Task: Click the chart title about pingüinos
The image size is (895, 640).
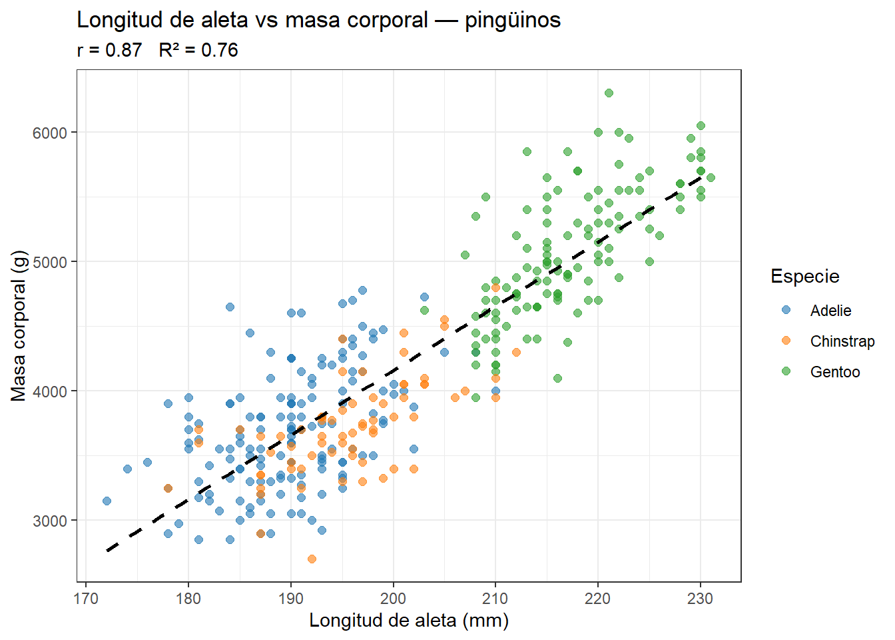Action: coord(318,20)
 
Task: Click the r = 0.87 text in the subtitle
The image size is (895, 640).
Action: coord(109,50)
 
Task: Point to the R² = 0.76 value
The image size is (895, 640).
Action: coord(198,50)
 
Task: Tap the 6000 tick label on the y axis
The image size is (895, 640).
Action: coord(50,133)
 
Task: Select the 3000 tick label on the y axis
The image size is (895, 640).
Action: coord(50,521)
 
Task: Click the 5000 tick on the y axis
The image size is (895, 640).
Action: coord(50,262)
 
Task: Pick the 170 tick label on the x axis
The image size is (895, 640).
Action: coord(86,598)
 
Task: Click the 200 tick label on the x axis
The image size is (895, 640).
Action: coord(393,598)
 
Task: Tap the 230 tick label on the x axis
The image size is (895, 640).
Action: coord(700,598)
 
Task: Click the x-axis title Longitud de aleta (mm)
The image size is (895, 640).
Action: coord(409,621)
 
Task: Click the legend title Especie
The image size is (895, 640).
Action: coord(804,276)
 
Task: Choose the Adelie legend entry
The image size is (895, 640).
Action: coord(830,311)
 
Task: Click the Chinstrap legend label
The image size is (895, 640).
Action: coord(842,341)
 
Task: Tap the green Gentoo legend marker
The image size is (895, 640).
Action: coord(786,371)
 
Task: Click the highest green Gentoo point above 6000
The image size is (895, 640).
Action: coord(609,93)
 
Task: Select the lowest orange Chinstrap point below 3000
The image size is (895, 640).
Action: coord(312,559)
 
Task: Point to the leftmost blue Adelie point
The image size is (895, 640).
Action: coord(107,501)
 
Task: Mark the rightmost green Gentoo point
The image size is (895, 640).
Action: coord(711,177)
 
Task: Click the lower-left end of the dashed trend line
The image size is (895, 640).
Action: coord(108,550)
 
